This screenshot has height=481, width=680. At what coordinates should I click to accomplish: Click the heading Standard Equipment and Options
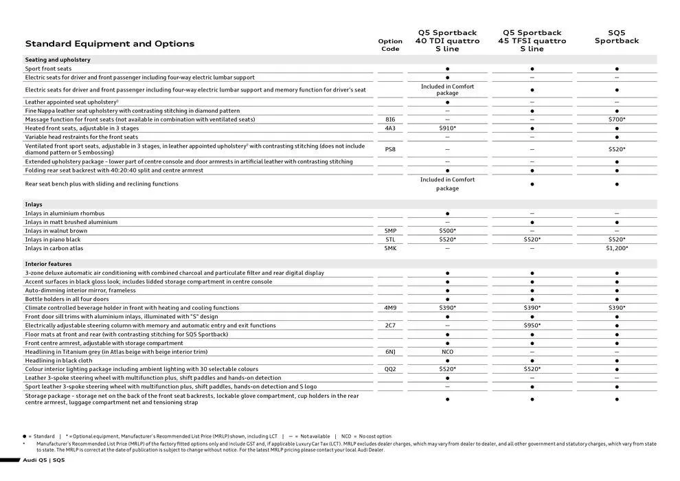[x=110, y=44]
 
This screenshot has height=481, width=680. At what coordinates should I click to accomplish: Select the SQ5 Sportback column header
[x=616, y=36]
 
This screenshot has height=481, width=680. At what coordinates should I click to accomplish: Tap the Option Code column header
[x=390, y=45]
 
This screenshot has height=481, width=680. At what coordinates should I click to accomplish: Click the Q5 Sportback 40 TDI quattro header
[x=447, y=41]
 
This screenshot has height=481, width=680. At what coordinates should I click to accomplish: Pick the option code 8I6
[x=390, y=120]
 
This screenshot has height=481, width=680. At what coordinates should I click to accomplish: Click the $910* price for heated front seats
[x=447, y=128]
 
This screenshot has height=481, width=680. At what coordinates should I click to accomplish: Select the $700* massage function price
[x=616, y=120]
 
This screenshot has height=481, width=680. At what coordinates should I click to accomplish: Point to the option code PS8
[x=390, y=149]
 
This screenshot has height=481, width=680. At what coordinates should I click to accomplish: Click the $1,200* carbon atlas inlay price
[x=616, y=248]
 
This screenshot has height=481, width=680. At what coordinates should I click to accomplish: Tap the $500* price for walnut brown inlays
[x=447, y=231]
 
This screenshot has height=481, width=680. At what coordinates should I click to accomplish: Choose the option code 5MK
[x=390, y=248]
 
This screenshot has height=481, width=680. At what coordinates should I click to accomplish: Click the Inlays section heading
[x=34, y=204]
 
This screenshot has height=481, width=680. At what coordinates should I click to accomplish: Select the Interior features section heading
[x=48, y=264]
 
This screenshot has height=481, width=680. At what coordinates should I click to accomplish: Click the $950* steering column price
[x=532, y=325]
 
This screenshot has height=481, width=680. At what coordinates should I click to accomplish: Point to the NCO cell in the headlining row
[x=447, y=351]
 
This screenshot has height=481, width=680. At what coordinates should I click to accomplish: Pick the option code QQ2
[x=390, y=369]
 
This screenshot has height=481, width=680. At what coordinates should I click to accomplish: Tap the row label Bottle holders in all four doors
[x=67, y=299]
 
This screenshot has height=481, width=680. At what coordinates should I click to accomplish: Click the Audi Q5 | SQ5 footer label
[x=44, y=460]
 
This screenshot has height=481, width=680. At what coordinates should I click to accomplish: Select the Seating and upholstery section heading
[x=58, y=60]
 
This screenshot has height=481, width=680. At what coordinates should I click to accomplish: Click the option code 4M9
[x=390, y=308]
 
